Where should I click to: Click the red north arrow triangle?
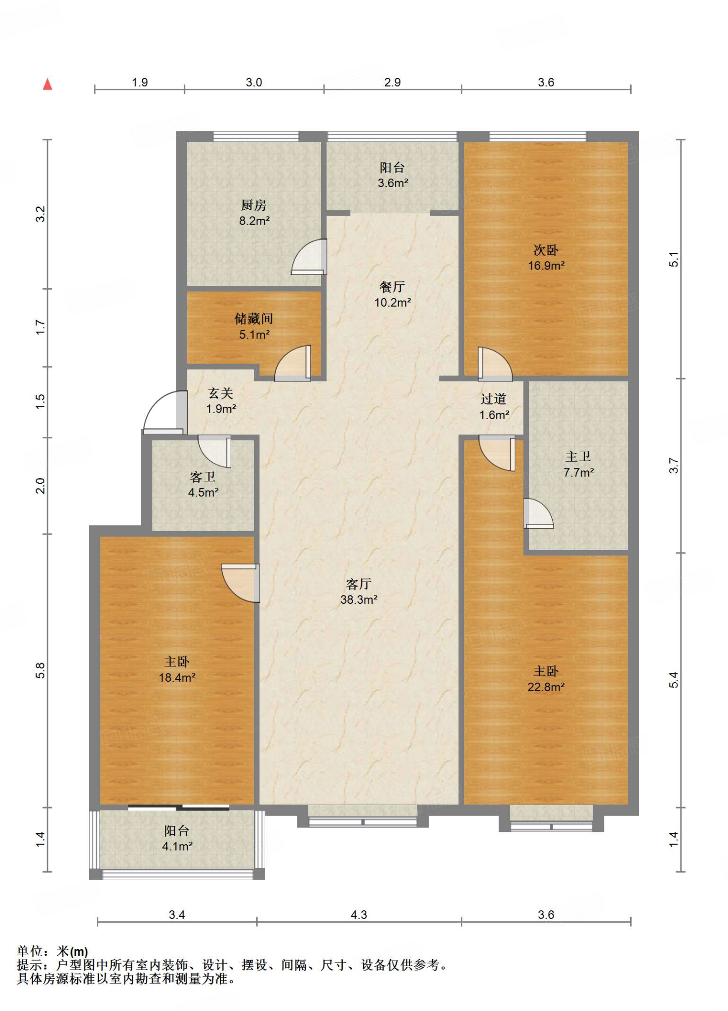tap(47, 84)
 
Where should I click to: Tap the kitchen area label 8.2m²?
tap(254, 221)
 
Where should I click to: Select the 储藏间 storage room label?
tap(254, 318)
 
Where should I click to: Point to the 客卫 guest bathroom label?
tap(203, 476)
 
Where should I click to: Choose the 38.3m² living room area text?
tap(359, 600)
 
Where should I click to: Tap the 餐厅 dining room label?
tap(393, 286)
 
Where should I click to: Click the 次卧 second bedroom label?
tap(546, 250)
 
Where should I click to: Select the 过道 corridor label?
tap(494, 399)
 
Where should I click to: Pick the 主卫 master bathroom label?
tap(578, 457)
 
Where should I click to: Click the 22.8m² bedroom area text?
tap(546, 687)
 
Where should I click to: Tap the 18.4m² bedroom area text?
tap(177, 677)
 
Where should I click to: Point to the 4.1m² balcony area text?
tap(177, 846)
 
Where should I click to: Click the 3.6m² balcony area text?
tap(393, 183)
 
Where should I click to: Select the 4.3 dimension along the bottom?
tap(359, 915)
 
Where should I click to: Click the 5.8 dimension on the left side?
tap(40, 670)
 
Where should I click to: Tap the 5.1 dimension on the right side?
tap(674, 259)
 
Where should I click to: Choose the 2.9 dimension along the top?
tap(393, 82)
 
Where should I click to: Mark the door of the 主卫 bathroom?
tap(538, 513)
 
